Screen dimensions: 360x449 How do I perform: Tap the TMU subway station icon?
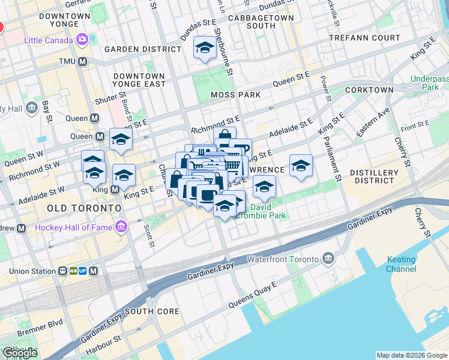[82, 62]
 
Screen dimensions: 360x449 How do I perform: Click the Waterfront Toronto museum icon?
[328, 259]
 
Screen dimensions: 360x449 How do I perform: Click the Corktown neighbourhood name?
[370, 90]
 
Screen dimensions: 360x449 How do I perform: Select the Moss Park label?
[235, 95]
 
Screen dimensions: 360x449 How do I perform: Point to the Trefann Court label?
[364, 38]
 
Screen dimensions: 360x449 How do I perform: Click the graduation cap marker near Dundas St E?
[205, 47]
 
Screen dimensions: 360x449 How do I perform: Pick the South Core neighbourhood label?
[152, 311]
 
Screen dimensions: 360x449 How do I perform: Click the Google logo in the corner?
[19, 353]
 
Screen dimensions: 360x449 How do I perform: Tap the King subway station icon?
[115, 190]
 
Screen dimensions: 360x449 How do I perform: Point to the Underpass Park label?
[429, 83]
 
